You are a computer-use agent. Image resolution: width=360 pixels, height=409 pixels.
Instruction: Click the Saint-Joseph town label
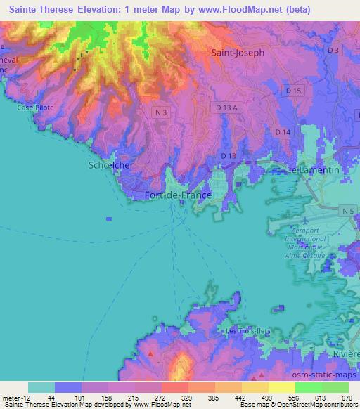238,53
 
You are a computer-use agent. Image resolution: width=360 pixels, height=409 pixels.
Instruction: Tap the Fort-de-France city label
177,195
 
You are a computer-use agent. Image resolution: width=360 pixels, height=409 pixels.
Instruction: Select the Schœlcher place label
111,164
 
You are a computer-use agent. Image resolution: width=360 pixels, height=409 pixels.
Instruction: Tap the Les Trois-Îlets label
245,330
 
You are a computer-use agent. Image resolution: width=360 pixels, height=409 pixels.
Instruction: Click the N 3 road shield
160,112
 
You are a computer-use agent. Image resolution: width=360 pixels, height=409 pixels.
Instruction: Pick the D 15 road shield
294,91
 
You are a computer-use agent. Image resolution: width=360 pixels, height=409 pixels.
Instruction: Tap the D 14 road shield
283,131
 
